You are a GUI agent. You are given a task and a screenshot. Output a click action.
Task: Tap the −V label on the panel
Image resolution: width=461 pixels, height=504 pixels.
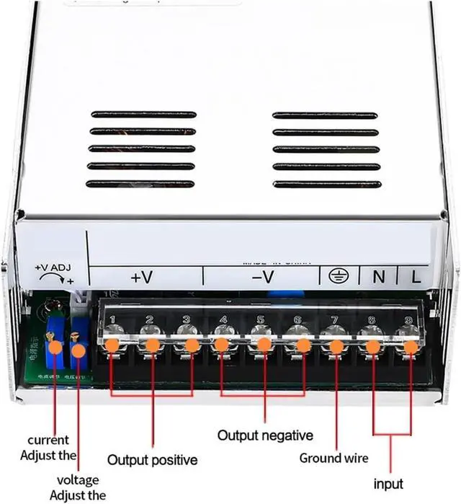(x=263, y=276)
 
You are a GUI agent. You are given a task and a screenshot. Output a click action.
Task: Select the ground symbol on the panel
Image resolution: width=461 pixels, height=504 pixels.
(x=336, y=275)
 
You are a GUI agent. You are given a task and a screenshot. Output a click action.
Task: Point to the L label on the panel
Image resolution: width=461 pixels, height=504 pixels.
(x=416, y=275)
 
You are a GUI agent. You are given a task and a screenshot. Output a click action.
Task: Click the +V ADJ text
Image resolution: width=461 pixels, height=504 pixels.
(x=52, y=268)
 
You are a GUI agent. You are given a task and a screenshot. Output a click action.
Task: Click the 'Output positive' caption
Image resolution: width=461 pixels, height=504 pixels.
(x=152, y=459)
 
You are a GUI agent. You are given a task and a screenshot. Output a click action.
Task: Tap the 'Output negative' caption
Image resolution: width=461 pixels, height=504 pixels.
(x=265, y=436)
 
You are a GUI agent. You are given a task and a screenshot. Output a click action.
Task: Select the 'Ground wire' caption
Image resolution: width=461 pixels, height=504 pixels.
(x=334, y=458)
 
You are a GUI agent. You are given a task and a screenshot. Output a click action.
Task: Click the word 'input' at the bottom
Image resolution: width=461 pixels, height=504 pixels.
(x=388, y=483)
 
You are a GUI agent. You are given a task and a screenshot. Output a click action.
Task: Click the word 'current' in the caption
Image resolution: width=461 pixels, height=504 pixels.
(x=48, y=440)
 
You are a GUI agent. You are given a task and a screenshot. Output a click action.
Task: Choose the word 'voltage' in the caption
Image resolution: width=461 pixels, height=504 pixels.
(x=78, y=480)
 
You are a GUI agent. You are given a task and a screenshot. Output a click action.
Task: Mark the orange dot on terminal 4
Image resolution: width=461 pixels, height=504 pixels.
(x=222, y=345)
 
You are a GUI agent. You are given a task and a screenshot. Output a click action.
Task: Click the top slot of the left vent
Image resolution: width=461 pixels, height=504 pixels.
(x=143, y=115)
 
